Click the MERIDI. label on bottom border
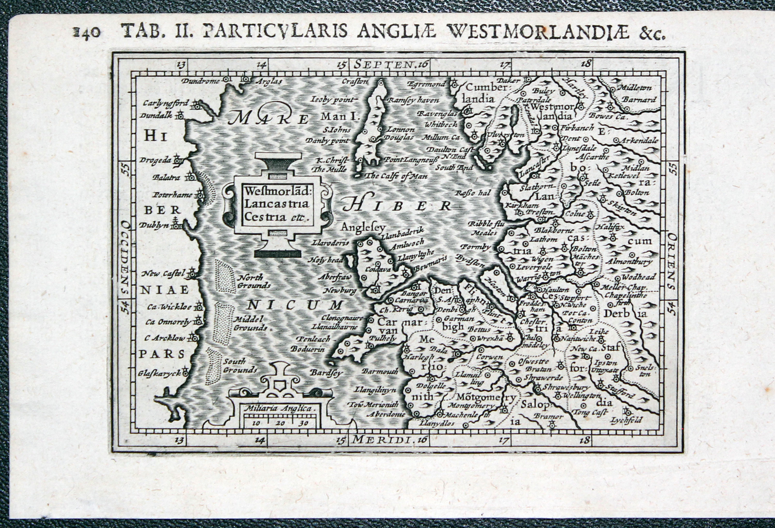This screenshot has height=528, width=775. tap(383, 440)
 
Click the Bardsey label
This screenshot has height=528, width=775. tap(325, 373)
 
